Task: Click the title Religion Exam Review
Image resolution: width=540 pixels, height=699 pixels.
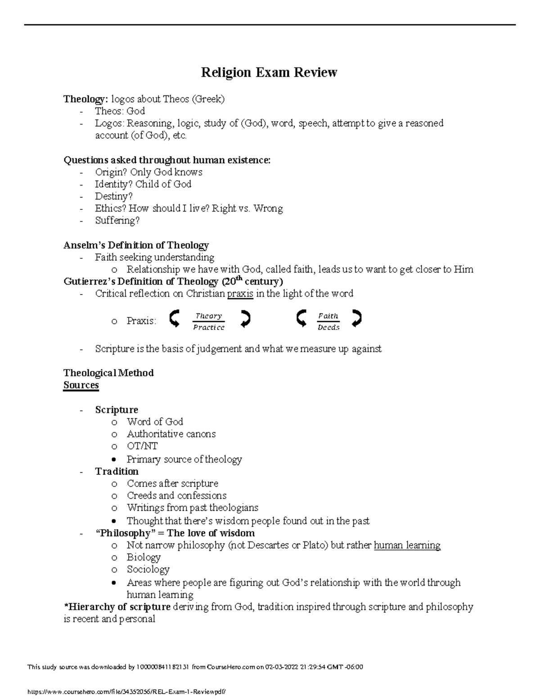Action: [269, 72]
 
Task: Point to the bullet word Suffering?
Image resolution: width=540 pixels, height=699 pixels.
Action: [117, 221]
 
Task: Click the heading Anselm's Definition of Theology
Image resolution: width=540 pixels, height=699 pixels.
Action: [136, 245]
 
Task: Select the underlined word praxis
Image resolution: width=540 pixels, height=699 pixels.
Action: [240, 294]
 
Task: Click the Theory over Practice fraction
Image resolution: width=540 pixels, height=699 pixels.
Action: [209, 321]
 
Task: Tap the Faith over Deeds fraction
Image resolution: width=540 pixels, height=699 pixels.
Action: [328, 321]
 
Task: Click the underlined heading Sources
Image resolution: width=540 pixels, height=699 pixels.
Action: [81, 385]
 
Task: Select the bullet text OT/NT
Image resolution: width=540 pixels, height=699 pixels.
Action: [142, 446]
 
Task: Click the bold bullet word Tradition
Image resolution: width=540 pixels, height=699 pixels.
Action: [117, 471]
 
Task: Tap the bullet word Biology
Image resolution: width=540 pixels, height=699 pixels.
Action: [144, 557]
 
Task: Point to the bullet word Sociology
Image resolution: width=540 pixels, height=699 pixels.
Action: [148, 569]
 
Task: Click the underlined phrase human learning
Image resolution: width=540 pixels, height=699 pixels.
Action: [407, 545]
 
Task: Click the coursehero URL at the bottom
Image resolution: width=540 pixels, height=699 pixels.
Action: [127, 691]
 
